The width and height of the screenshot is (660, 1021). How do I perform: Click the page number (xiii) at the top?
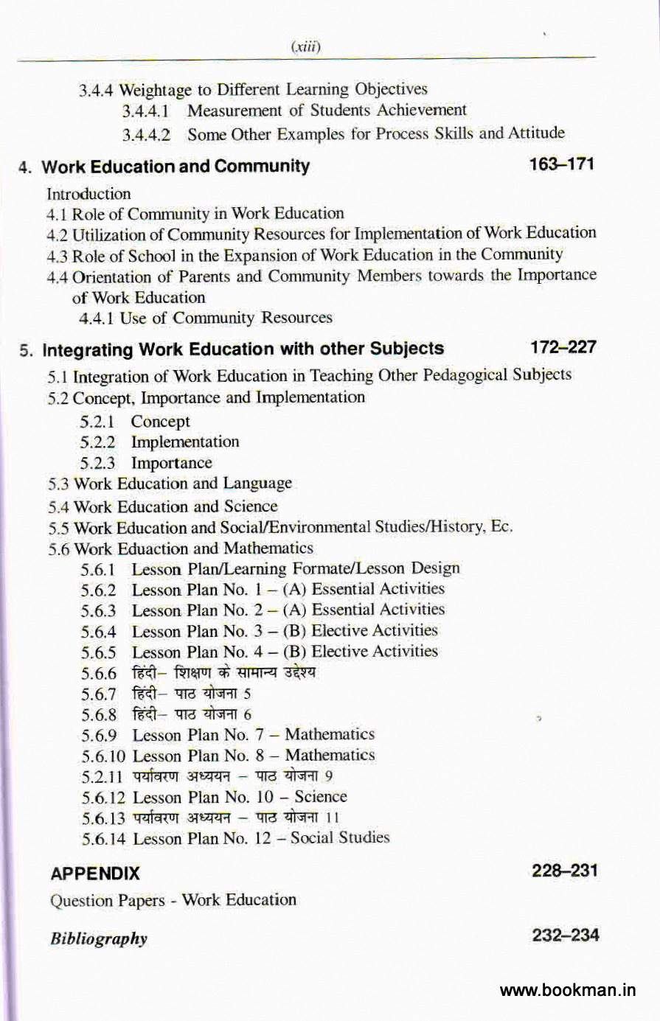pyautogui.click(x=305, y=47)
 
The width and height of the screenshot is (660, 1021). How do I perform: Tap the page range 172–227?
pyautogui.click(x=563, y=346)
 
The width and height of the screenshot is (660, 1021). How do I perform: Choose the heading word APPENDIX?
pyautogui.click(x=95, y=874)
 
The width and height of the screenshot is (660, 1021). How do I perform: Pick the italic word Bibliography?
pyautogui.click(x=99, y=938)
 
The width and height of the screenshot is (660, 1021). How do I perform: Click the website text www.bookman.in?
pyautogui.click(x=567, y=990)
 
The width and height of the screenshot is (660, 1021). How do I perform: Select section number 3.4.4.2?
pyautogui.click(x=147, y=135)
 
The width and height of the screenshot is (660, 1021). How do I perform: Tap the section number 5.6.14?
pyautogui.click(x=104, y=838)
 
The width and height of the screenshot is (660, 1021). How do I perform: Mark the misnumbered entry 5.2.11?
pyautogui.click(x=104, y=776)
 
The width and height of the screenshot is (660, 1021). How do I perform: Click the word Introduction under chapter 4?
pyautogui.click(x=88, y=194)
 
